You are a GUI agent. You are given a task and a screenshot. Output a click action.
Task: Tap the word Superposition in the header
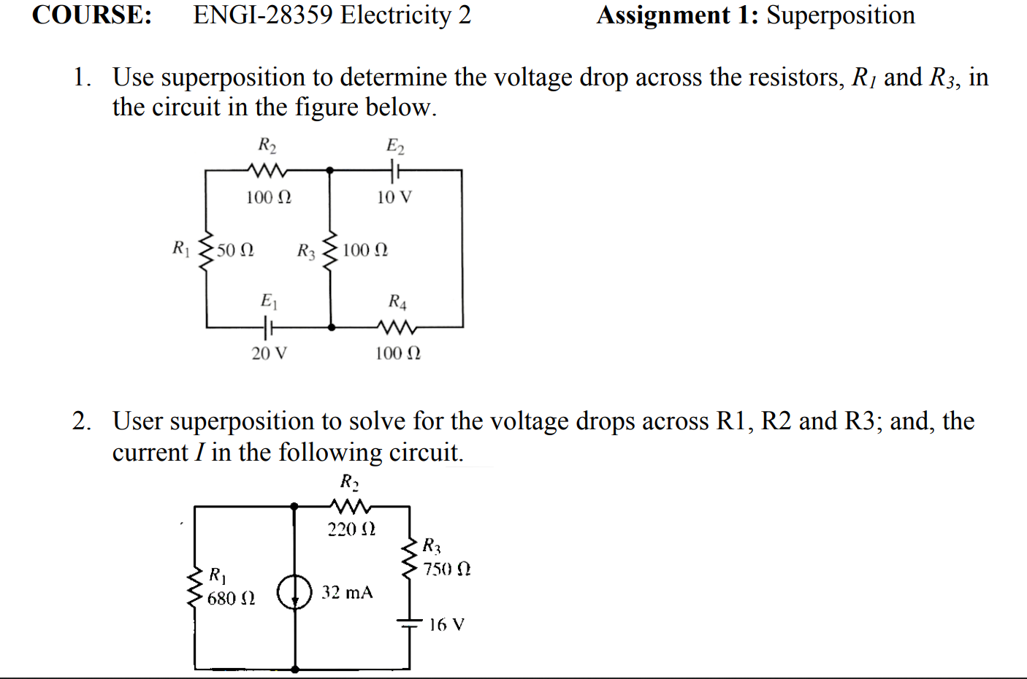(840, 15)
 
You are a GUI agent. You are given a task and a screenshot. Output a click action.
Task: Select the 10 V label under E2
(394, 197)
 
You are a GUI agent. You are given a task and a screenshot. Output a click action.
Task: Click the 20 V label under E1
(270, 353)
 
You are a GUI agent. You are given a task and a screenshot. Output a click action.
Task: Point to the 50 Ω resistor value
(235, 250)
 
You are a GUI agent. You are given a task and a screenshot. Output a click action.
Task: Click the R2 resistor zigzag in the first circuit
(267, 170)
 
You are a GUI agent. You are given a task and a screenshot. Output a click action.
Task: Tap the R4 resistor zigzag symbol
(397, 326)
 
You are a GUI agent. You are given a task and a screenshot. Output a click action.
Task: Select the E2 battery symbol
(395, 171)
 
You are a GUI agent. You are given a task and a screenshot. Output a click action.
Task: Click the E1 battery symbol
(269, 327)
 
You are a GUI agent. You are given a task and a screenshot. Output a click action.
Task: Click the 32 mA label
(347, 592)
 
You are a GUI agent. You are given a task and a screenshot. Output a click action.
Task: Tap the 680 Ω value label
(231, 599)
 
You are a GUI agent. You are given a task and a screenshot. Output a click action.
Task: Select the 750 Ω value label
(447, 569)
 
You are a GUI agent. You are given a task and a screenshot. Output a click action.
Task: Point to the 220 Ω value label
(351, 529)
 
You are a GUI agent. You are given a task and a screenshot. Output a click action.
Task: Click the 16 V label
(446, 624)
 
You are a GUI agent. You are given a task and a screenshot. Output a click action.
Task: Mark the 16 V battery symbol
(410, 623)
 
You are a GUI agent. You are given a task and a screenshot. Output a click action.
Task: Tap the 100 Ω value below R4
(398, 353)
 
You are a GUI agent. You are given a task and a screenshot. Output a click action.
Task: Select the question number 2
(81, 421)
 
